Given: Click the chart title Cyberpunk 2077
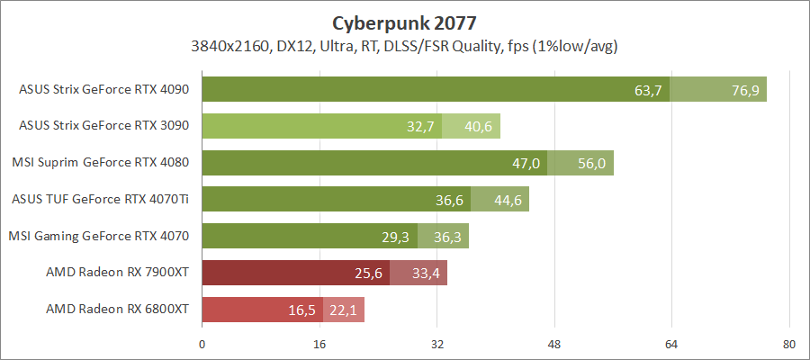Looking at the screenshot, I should pos(404,22).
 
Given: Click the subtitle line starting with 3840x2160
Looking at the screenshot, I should pos(404,45).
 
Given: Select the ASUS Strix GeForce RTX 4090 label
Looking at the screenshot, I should pos(104,89).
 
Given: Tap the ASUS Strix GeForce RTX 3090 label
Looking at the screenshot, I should pos(104,126).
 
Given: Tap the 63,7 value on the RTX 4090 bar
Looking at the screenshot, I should pos(648,90).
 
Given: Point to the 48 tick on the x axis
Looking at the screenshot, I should pos(554,343).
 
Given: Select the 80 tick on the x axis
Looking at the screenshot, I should pos(789,343).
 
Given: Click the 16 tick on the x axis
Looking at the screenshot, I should pos(319,343).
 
